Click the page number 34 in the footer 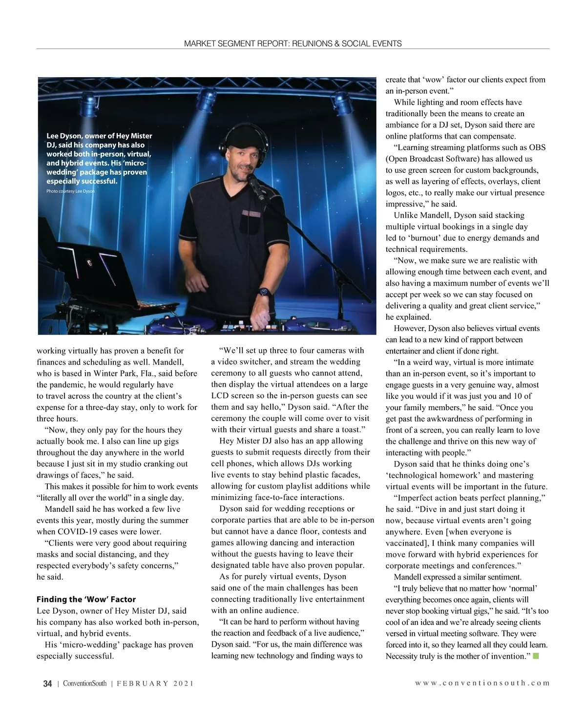click(47, 684)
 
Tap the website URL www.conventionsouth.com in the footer click(482, 683)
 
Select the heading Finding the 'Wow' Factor click(86, 599)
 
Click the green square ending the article click(536, 656)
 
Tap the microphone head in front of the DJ click(253, 182)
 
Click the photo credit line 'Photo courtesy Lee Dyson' click(70, 191)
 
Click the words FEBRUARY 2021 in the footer click(155, 684)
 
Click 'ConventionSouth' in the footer click(84, 684)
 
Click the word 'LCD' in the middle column click(220, 396)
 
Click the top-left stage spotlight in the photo click(88, 101)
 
